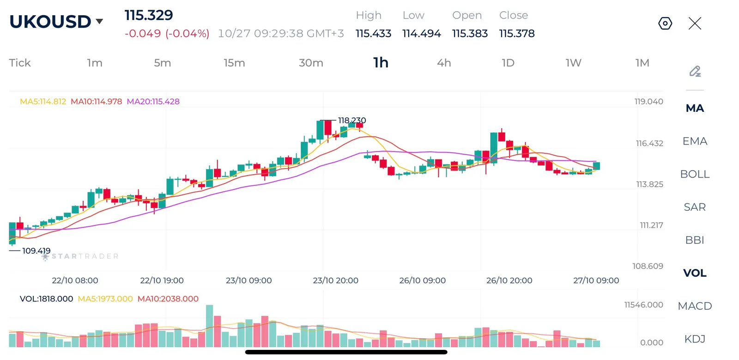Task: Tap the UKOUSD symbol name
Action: point(50,22)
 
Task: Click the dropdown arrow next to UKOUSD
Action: point(99,22)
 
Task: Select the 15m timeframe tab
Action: point(234,63)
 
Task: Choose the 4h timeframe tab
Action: point(444,63)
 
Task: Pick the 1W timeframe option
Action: point(573,63)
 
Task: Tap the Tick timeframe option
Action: point(20,63)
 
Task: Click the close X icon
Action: point(695,24)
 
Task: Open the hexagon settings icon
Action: point(665,24)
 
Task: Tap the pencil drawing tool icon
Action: point(695,71)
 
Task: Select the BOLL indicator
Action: point(695,174)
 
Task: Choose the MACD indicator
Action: point(695,306)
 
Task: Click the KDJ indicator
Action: point(695,339)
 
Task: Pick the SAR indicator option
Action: point(695,207)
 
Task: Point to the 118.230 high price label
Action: point(351,121)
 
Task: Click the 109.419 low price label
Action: point(36,251)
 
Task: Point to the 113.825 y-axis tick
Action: point(649,184)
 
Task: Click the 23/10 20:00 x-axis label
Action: point(335,281)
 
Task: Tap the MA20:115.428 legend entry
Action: point(153,101)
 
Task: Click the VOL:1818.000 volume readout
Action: point(46,299)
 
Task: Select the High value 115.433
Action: point(374,33)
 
